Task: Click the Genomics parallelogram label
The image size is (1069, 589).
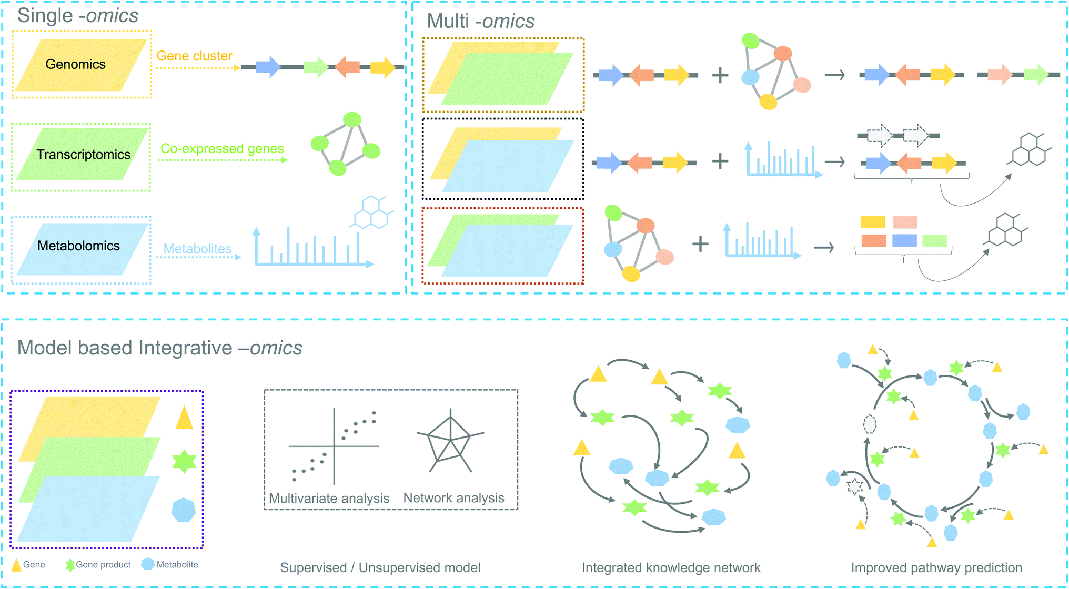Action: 75,64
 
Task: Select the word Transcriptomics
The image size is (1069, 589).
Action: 83,155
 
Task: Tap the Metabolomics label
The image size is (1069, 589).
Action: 78,246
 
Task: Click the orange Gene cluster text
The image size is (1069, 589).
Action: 194,56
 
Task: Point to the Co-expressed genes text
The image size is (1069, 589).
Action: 222,149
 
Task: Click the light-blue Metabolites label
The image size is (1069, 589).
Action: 197,249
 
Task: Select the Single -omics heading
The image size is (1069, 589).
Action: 77,16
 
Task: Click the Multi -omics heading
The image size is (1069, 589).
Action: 480,21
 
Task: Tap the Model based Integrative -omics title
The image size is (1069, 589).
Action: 159,348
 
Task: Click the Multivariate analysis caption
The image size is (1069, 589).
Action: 329,498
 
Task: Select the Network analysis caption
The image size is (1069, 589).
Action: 453,497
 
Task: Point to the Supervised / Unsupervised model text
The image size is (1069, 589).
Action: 380,567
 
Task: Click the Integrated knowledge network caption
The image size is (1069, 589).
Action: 671,567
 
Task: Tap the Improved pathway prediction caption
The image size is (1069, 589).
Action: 936,567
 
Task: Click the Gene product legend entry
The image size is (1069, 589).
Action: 103,564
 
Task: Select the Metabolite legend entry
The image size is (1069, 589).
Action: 177,564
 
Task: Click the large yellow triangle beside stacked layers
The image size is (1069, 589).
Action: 184,419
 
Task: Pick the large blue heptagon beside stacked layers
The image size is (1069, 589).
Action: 184,510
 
